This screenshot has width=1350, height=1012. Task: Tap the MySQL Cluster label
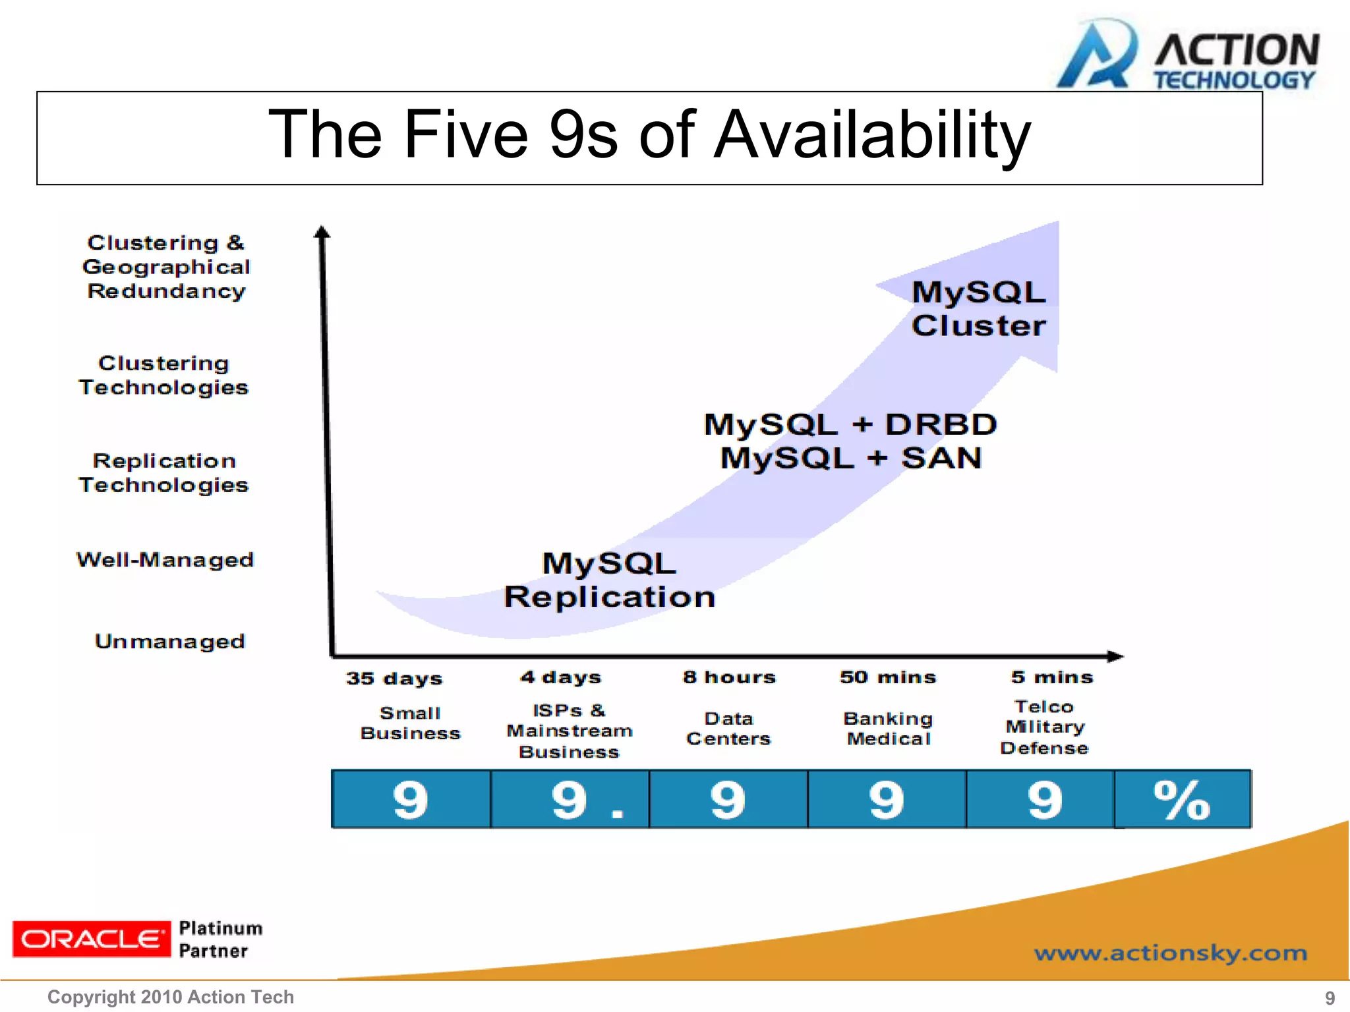point(978,309)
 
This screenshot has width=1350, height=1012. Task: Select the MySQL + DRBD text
point(850,424)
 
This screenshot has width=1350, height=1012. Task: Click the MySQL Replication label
point(609,580)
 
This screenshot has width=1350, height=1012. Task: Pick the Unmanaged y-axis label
point(169,641)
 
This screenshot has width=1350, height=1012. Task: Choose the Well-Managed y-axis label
point(165,560)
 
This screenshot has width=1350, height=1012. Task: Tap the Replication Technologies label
point(163,473)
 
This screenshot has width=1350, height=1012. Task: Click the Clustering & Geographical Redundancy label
point(166,267)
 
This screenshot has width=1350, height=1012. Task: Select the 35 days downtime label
point(394,678)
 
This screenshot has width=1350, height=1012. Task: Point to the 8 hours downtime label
point(729,677)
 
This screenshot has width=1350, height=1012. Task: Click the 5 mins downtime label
point(1051,677)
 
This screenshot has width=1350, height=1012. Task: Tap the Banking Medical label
point(888,729)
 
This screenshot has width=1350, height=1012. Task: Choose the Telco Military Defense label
point(1044,727)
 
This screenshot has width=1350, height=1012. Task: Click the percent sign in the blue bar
point(1181,800)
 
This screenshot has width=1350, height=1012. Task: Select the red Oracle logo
point(91,939)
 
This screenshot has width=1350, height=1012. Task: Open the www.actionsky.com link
point(1170,953)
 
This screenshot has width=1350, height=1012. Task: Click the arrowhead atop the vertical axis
point(322,232)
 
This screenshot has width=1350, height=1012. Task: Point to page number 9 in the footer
point(1330,998)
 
